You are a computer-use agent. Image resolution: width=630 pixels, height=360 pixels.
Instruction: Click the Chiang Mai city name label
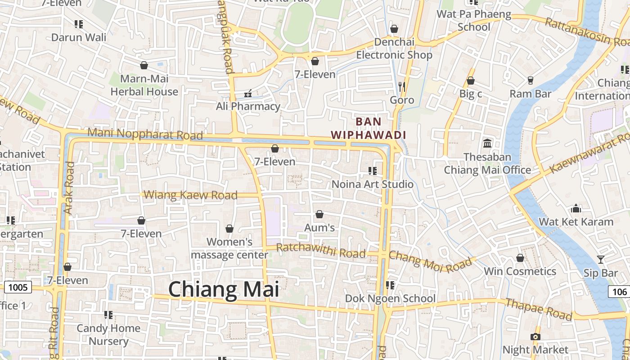click(224, 289)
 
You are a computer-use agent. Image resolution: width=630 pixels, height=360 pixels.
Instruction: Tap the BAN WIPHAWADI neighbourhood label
click(369, 128)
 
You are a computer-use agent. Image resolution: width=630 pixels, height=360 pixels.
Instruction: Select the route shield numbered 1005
click(18, 287)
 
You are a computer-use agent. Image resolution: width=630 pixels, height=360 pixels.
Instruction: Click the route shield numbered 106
click(619, 292)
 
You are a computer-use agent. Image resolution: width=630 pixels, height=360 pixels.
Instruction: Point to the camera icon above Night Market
click(535, 337)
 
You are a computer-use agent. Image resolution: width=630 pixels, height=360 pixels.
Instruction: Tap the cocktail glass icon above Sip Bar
click(600, 259)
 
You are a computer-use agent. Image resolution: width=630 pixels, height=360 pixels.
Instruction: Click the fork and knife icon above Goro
click(402, 86)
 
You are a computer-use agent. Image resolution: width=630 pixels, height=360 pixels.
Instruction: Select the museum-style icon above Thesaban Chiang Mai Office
click(487, 144)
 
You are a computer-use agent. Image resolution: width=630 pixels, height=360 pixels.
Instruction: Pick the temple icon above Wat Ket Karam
click(576, 208)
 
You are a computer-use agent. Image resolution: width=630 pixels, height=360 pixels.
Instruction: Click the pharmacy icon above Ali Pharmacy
click(247, 94)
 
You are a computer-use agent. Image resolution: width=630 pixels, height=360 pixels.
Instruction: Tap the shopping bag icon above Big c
click(470, 81)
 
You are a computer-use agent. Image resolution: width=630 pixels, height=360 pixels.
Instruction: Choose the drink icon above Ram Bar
click(530, 81)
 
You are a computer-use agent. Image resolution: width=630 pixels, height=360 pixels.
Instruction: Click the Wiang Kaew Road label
click(192, 195)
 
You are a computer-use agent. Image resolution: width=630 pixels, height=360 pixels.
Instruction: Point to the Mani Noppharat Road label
click(145, 134)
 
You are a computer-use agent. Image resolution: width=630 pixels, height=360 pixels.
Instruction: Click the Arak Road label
click(69, 188)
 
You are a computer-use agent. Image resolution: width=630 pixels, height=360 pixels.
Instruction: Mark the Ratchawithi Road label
click(321, 251)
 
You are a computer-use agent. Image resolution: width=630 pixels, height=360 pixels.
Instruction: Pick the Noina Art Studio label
click(372, 184)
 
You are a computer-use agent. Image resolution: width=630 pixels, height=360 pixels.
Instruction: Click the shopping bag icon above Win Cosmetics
click(520, 258)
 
